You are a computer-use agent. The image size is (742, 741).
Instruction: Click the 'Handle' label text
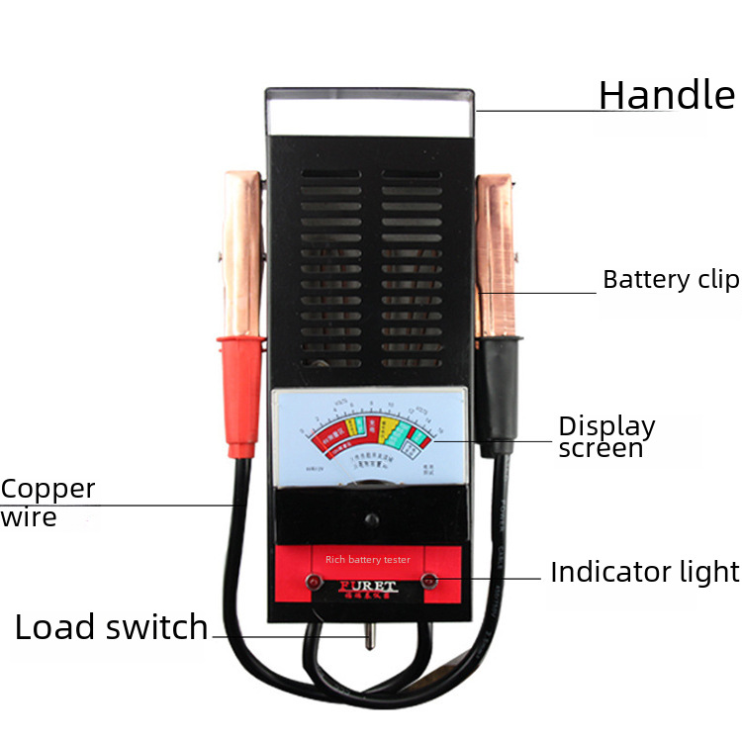666,95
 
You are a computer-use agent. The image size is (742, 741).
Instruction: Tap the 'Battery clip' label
671,280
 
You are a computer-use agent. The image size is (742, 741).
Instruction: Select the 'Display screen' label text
606,436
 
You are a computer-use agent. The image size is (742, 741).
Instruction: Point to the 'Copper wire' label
47,502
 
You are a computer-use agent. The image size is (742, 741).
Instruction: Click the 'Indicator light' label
644,572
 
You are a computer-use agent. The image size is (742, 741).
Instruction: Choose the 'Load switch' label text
111,627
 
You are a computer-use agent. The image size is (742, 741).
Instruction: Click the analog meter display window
369,435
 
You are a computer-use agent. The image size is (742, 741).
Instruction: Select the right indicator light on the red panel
430,580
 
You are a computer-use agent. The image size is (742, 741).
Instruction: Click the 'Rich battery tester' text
368,560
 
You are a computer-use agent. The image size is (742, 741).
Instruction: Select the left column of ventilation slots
330,267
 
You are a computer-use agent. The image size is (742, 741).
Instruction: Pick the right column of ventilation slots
413,267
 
